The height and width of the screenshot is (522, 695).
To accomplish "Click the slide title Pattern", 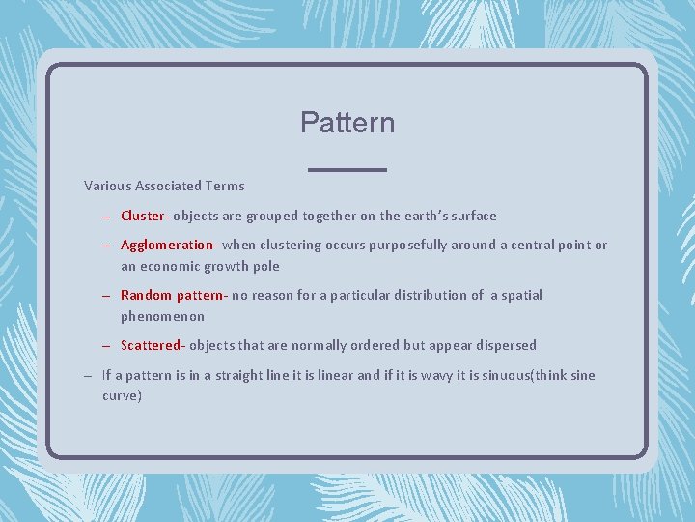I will coord(347,123).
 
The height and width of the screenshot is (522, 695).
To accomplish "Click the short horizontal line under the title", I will coord(347,170).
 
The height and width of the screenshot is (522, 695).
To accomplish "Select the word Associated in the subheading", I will coord(170,186).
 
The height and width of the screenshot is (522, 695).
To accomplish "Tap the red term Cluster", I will coord(142,216).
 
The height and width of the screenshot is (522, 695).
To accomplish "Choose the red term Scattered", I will coord(151,345).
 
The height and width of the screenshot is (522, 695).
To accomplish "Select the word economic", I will coord(170,266).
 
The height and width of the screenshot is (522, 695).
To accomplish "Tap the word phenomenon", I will coord(162,316).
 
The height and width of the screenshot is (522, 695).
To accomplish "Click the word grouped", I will coord(272,216).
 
